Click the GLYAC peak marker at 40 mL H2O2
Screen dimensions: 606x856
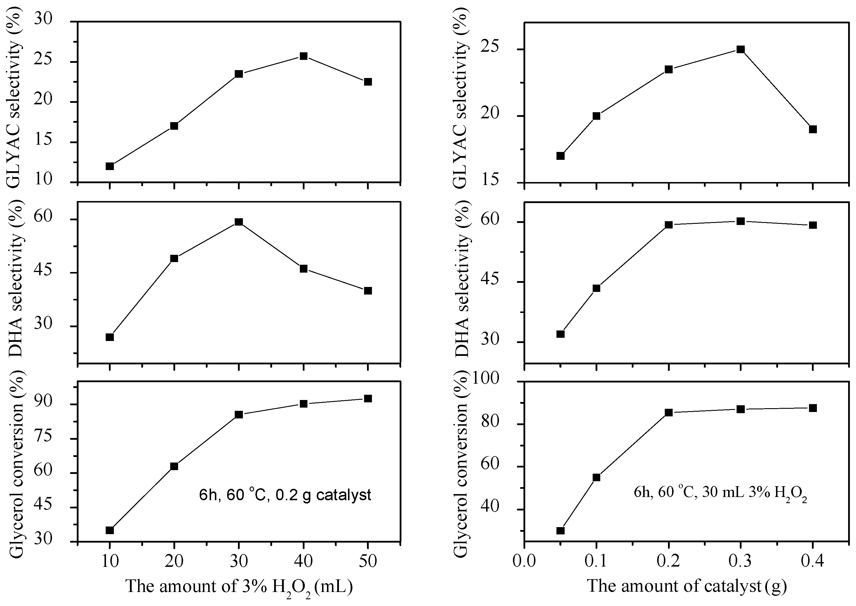coord(303,56)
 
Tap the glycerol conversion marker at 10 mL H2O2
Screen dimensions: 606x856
coord(109,530)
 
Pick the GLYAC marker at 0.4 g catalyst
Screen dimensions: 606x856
coord(813,129)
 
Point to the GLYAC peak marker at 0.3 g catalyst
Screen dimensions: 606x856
coord(740,50)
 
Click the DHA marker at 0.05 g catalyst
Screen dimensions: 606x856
coord(560,334)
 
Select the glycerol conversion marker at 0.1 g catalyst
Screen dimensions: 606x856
coord(596,477)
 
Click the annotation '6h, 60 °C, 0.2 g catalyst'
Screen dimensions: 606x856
coord(285,495)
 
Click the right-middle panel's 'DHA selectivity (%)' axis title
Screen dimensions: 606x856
coord(462,282)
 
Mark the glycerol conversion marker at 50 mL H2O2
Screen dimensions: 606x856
coord(368,399)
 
